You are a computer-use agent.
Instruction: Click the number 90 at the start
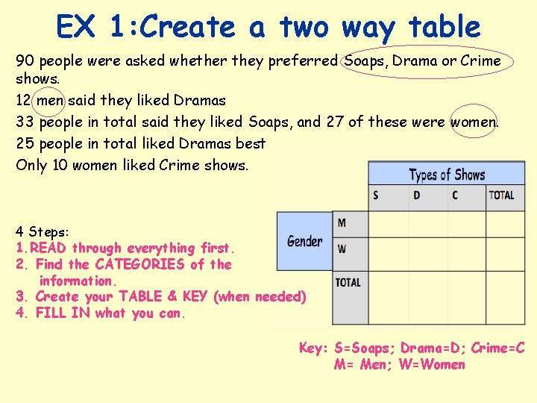[x=25, y=60]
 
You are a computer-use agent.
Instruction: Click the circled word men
[x=50, y=100]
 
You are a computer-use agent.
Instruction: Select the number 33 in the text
[x=25, y=121]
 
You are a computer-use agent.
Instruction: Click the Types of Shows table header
[x=446, y=175]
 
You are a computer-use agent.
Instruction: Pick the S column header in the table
[x=376, y=196]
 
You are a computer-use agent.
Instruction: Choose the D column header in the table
[x=416, y=196]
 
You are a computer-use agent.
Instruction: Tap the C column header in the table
[x=455, y=196]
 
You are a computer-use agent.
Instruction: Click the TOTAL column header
[x=501, y=196]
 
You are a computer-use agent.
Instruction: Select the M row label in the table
[x=342, y=222]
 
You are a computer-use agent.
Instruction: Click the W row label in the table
[x=342, y=249]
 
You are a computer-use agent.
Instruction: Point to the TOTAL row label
[x=348, y=282]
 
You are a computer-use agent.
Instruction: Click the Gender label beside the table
[x=304, y=241]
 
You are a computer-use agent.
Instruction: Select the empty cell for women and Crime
[x=466, y=250]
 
